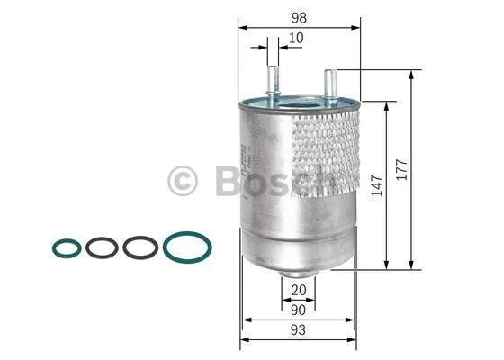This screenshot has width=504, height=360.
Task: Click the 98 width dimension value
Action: click(297, 17)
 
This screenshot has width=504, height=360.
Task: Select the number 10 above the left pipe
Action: click(295, 39)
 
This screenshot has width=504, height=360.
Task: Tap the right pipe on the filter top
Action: click(329, 85)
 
